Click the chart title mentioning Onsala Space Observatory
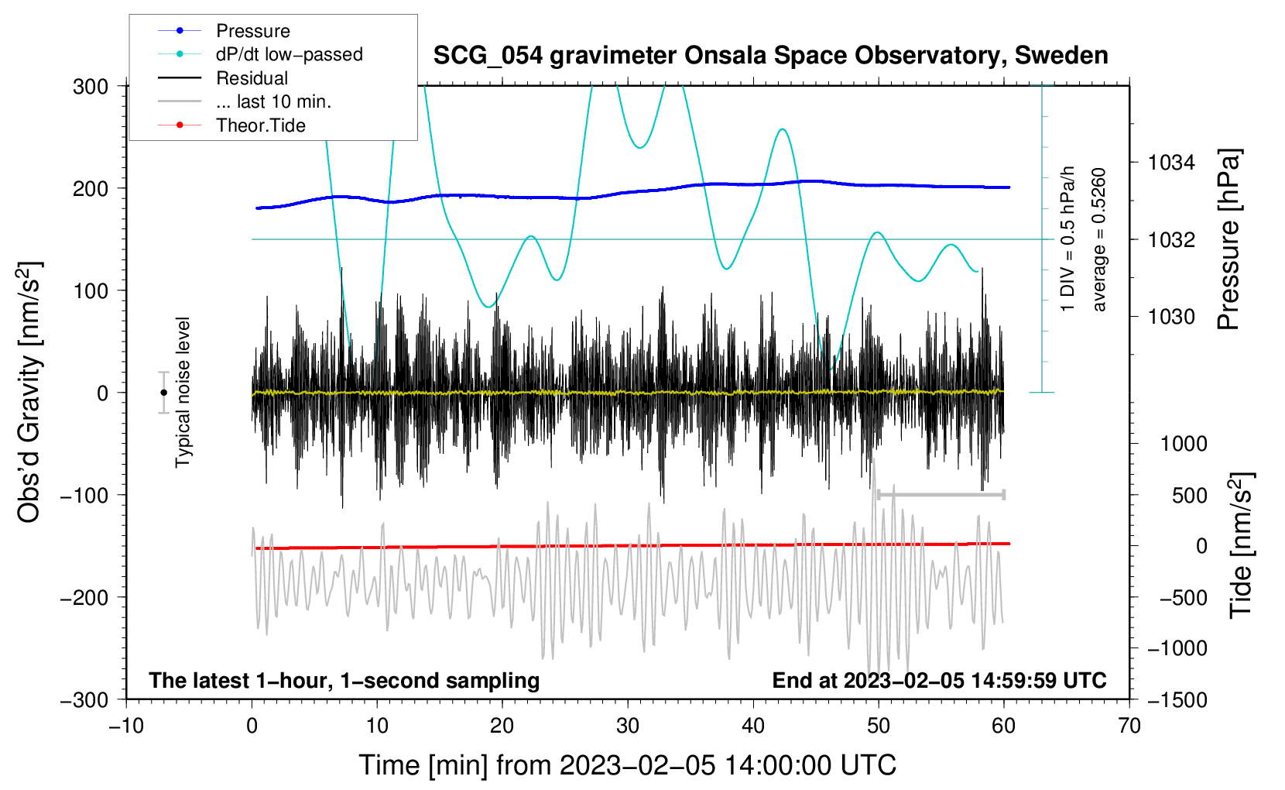click(770, 56)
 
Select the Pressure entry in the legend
click(224, 30)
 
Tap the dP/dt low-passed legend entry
click(260, 54)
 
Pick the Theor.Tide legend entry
click(231, 125)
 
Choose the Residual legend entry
click(223, 78)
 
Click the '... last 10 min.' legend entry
click(245, 101)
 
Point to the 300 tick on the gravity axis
click(91, 87)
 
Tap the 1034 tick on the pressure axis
click(1171, 163)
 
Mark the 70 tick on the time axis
click(1129, 726)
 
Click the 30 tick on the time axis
click(628, 726)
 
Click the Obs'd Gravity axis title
click(29, 392)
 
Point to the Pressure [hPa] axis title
click(1228, 239)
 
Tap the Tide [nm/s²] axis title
click(1242, 545)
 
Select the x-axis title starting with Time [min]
click(628, 765)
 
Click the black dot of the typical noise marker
click(163, 393)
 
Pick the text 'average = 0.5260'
click(1098, 239)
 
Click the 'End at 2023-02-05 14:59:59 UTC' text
click(939, 680)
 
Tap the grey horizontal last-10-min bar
click(941, 495)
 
